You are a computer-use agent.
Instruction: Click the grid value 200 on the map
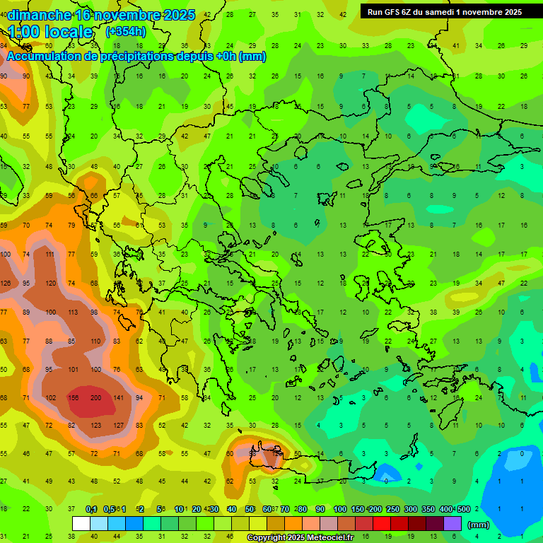[x=96, y=397]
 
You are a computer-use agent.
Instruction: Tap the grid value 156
[x=72, y=397]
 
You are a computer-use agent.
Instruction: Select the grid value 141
[x=119, y=397]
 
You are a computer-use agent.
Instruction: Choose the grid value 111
[x=49, y=254]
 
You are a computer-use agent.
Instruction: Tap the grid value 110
[x=96, y=341]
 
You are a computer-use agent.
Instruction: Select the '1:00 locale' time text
[x=51, y=32]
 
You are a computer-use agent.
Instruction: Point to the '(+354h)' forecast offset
[x=126, y=32]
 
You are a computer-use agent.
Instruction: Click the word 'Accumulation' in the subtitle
[x=45, y=57]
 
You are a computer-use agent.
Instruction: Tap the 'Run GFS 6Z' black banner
[x=445, y=11]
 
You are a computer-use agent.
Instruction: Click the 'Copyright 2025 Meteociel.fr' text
[x=300, y=538]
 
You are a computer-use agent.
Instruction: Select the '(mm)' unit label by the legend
[x=479, y=525]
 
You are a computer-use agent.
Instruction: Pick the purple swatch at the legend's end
[x=452, y=523]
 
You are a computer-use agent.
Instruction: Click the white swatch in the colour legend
[x=81, y=523]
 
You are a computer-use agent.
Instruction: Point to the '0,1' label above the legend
[x=91, y=509]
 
